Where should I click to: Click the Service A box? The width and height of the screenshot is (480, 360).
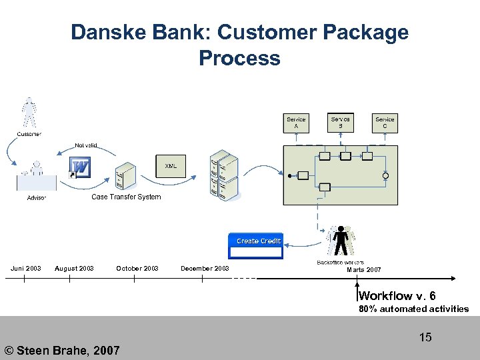click(296, 123)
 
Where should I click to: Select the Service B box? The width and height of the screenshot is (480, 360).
click(340, 122)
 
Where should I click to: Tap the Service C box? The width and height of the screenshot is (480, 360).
click(385, 123)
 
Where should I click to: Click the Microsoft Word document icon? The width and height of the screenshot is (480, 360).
click(80, 167)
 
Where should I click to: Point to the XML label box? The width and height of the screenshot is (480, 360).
click(171, 165)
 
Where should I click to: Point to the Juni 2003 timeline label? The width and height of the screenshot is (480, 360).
click(26, 269)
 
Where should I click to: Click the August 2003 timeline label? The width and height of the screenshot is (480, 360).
click(74, 269)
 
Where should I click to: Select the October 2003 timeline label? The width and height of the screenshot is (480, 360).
click(137, 269)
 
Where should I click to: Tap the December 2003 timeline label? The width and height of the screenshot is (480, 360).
click(205, 269)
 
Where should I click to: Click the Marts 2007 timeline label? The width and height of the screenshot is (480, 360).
click(364, 269)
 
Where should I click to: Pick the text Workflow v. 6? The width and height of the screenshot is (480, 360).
click(397, 296)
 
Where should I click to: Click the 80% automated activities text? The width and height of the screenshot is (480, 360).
click(413, 309)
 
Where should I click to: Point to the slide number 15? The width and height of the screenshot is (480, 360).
click(425, 337)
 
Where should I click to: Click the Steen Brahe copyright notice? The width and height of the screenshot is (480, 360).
click(62, 350)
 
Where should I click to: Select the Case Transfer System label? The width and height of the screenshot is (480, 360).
click(126, 197)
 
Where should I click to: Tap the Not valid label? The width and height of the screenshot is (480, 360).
click(85, 145)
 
